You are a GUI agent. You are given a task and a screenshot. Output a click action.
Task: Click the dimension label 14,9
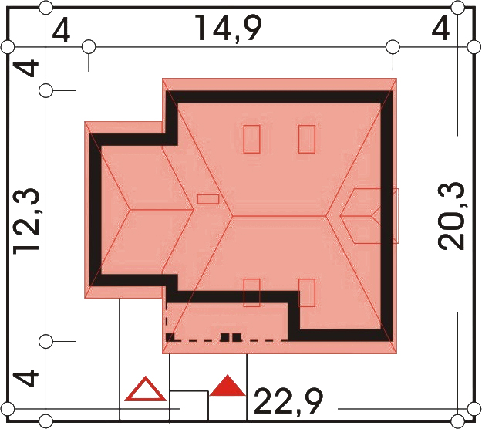(x=228, y=29)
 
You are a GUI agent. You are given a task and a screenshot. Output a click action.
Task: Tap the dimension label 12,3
(x=26, y=221)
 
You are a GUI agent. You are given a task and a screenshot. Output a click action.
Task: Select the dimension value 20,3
(x=450, y=216)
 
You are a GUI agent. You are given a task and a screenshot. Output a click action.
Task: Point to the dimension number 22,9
(x=288, y=401)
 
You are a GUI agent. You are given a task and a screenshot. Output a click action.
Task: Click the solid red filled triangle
(x=228, y=385)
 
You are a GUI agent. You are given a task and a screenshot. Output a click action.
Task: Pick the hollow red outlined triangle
(x=146, y=389)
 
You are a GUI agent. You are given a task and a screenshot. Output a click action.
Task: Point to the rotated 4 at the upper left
(x=27, y=65)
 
